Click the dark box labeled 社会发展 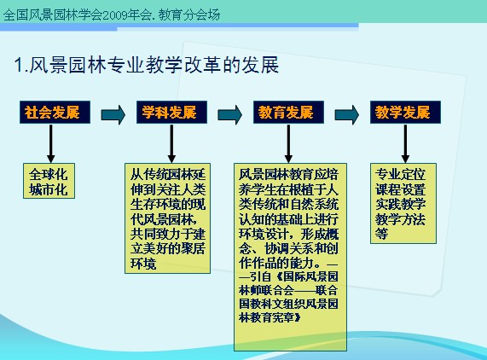click(55, 112)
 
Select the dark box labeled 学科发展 click(171, 112)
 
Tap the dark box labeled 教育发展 click(288, 112)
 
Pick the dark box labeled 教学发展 click(405, 112)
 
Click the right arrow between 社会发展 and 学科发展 click(113, 114)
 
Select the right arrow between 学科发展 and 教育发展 click(229, 114)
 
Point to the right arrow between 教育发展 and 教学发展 click(346, 114)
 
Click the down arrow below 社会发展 click(51, 143)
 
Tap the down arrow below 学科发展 click(171, 143)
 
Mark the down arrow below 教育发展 click(288, 143)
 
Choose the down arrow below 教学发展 click(405, 143)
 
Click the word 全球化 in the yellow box click(49, 174)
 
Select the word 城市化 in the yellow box click(49, 189)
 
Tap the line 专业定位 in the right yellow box click(400, 174)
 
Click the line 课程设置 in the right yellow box click(400, 189)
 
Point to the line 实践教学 click(400, 204)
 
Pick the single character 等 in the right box click(381, 234)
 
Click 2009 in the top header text click(114, 15)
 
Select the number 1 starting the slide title click(19, 65)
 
